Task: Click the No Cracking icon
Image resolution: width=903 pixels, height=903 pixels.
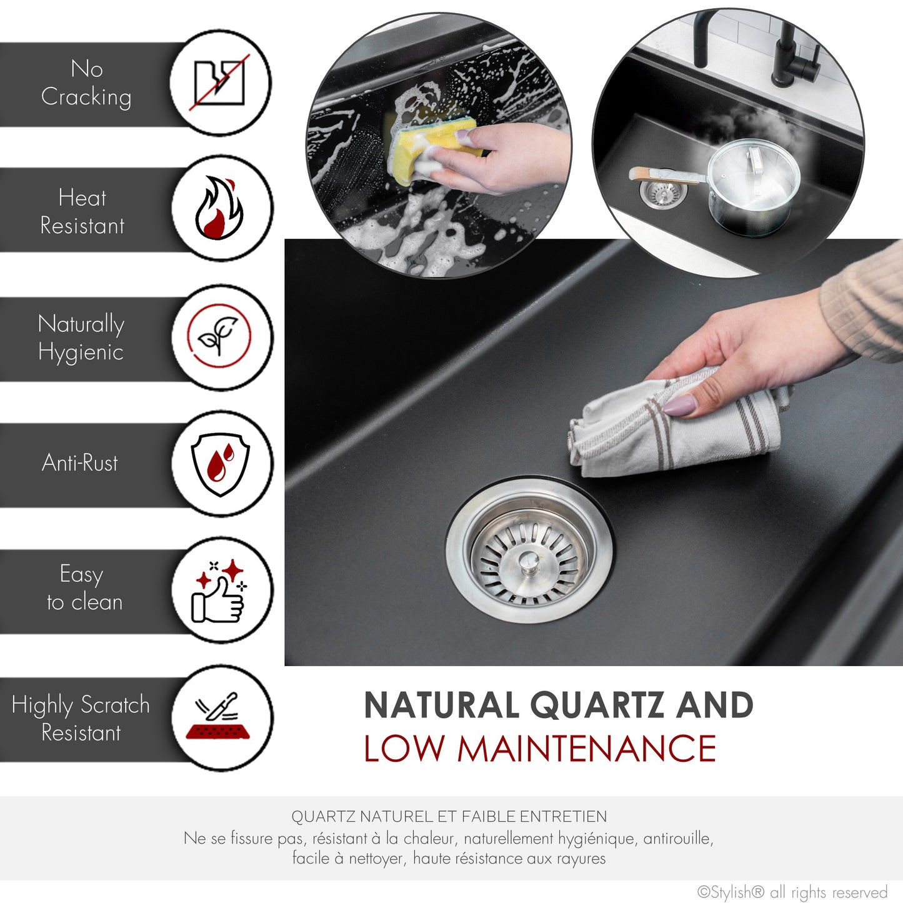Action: [x=219, y=82]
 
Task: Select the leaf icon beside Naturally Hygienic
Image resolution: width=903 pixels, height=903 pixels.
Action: [x=219, y=337]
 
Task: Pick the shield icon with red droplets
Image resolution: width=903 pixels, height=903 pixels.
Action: [x=220, y=464]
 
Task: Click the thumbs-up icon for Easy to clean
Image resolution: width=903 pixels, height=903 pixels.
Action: [x=219, y=591]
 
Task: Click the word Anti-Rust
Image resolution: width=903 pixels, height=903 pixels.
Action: [x=80, y=463]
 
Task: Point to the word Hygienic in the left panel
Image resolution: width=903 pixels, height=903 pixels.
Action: [x=81, y=352]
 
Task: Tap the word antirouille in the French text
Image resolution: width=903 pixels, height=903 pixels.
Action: [x=678, y=838]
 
